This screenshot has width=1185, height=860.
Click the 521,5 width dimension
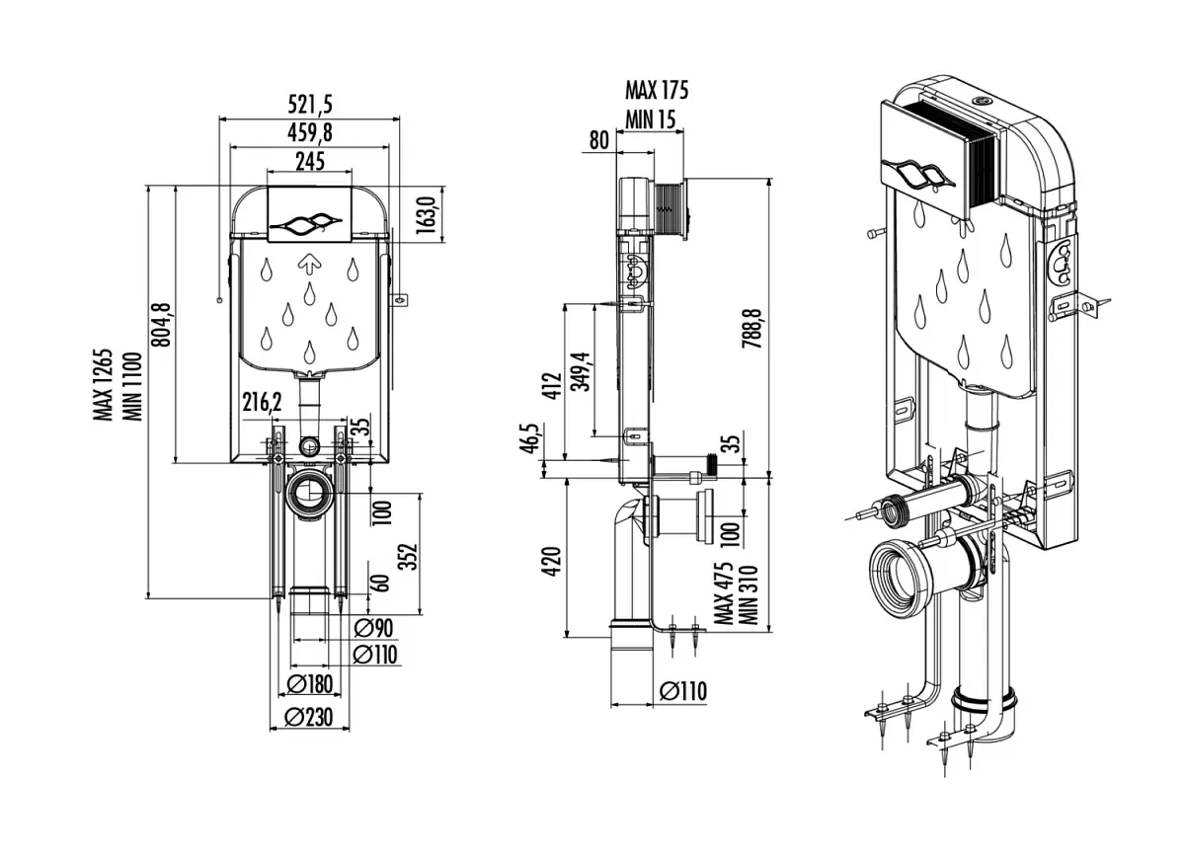coord(308,104)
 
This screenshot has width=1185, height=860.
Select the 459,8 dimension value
coord(309,131)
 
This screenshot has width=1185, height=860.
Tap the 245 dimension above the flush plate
coord(309,160)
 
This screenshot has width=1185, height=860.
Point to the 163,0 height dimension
coord(426,213)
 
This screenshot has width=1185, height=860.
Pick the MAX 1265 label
coord(104,385)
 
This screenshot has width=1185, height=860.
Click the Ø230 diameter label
coord(308,718)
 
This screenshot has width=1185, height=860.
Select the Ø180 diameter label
coord(308,684)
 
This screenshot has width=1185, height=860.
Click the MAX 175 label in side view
coord(657,91)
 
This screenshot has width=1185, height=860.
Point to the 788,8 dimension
coord(752,326)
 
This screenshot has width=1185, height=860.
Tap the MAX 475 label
coord(725,593)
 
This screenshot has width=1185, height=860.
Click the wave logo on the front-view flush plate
coord(309,224)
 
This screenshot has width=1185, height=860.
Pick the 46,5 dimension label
coord(533,438)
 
